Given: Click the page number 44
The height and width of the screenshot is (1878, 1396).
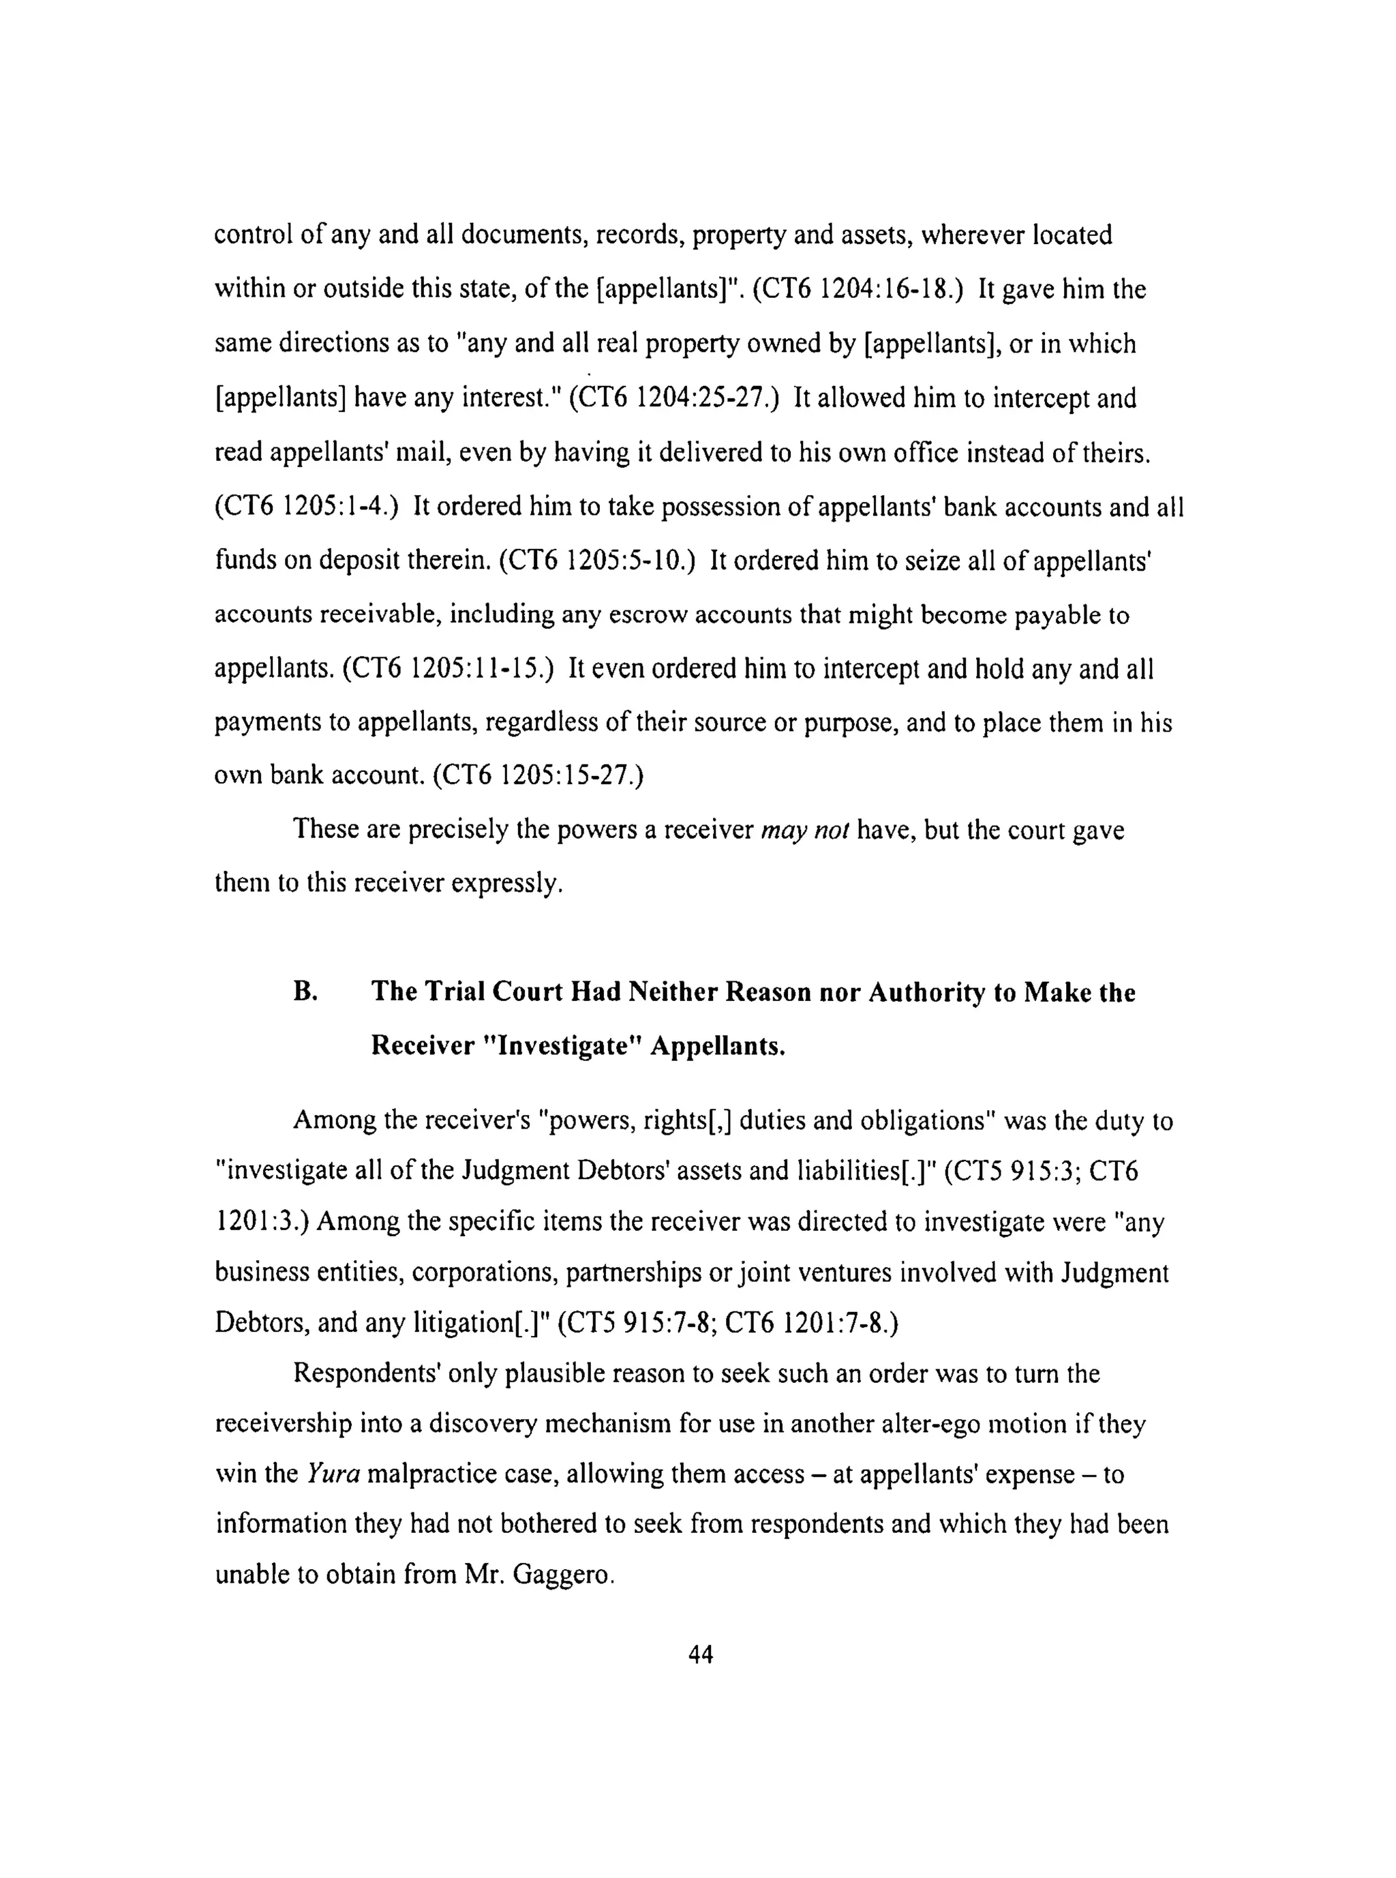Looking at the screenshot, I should pos(701,1654).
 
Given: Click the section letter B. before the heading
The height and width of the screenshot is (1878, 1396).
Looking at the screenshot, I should pos(305,992).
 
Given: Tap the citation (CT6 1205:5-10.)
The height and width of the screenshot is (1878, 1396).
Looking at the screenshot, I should pos(596,561).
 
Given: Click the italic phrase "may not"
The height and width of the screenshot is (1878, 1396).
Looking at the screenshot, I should pos(804,830).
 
